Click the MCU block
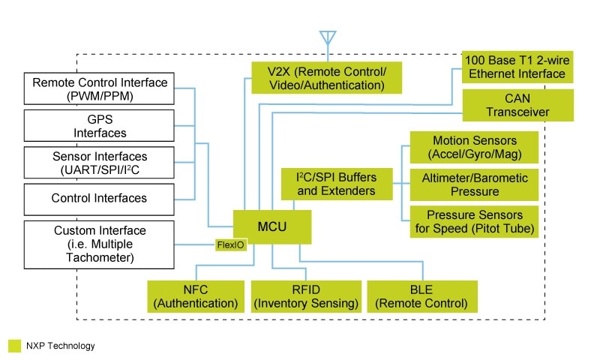tap(271, 226)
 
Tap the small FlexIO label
tap(231, 245)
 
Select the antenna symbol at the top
tap(327, 37)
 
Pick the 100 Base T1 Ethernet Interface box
tap(517, 67)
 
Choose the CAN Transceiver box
tap(517, 105)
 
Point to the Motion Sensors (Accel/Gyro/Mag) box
tap(474, 148)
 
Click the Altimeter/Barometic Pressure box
tap(474, 184)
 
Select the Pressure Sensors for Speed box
tap(474, 222)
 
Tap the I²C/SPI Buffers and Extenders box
tap(337, 184)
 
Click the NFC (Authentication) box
tap(196, 296)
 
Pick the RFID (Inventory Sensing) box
tap(304, 296)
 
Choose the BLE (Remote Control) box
tap(421, 296)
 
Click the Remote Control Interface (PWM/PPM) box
tap(100, 88)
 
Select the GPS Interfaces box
tap(100, 125)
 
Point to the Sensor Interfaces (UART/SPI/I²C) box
tap(100, 162)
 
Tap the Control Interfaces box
tap(100, 199)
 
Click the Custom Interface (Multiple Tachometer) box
tap(100, 244)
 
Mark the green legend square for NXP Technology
tap(14, 346)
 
